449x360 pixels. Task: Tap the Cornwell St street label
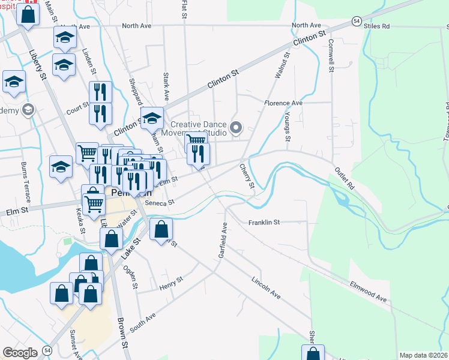pos(330,56)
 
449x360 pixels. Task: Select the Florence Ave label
pos(284,103)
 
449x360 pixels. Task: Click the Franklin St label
pos(264,223)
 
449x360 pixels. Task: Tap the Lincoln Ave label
pos(266,288)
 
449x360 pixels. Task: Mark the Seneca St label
pos(161,203)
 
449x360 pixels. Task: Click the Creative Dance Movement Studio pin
pos(236,128)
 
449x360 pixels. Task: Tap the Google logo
pos(20,353)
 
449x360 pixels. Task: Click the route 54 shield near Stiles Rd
pos(356,21)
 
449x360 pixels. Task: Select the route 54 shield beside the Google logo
pos(47,350)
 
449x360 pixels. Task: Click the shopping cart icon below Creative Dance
pos(196,140)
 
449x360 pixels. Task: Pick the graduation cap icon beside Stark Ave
pos(152,118)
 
